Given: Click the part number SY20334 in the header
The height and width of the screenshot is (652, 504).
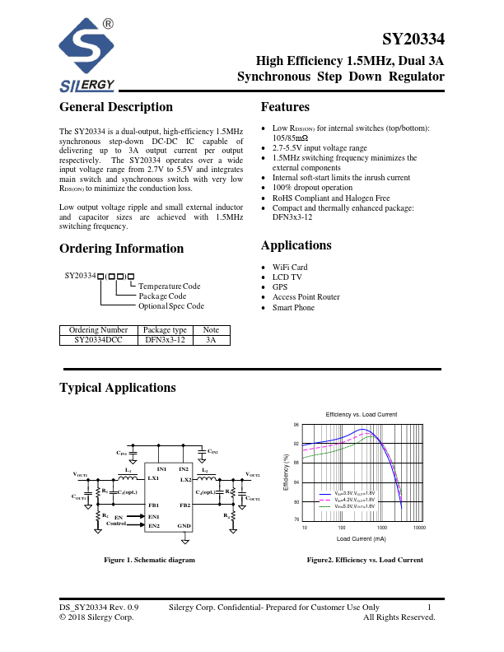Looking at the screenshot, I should (413, 40).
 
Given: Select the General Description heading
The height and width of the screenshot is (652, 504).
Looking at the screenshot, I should (116, 107).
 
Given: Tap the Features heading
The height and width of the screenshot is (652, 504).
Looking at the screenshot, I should (285, 107).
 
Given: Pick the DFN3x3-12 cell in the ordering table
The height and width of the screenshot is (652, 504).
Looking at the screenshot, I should (166, 339).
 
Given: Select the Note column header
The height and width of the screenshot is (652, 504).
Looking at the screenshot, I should (211, 329).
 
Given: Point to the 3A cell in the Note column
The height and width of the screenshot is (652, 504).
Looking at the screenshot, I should (211, 339).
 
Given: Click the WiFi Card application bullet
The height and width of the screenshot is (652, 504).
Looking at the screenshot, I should (290, 268).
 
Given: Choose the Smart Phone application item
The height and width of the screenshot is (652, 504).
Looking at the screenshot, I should (293, 307).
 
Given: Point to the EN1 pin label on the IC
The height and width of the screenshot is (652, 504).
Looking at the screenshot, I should (153, 515).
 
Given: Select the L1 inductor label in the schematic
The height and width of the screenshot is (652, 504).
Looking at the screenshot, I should (127, 469).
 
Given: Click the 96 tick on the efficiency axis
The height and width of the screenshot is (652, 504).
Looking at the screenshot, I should (296, 426).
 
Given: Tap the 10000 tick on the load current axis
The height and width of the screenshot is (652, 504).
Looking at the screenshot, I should (419, 527).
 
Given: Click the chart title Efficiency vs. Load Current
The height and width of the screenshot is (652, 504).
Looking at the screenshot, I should (362, 413).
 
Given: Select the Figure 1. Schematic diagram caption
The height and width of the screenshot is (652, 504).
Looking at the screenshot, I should (149, 560).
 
